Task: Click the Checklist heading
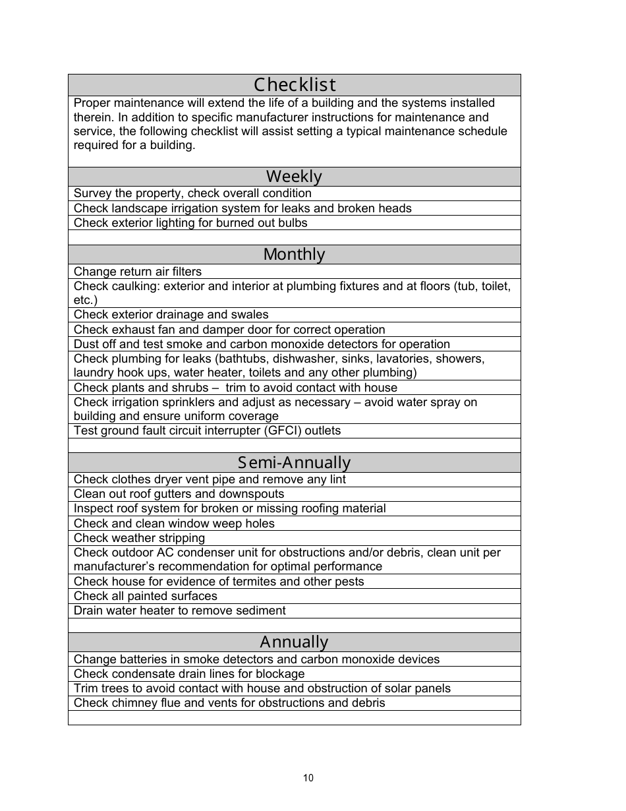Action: pyautogui.click(x=295, y=85)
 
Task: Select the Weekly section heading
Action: pyautogui.click(x=294, y=177)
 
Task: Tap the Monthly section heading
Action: pyautogui.click(x=294, y=255)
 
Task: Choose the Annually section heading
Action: pyautogui.click(x=294, y=642)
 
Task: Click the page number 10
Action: pyautogui.click(x=308, y=778)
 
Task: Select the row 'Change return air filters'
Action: pyautogui.click(x=138, y=272)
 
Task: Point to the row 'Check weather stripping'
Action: pyautogui.click(x=139, y=538)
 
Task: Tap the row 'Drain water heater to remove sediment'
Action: pyautogui.click(x=179, y=611)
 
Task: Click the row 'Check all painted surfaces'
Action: pyautogui.click(x=145, y=596)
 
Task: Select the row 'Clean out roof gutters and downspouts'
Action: pyautogui.click(x=179, y=494)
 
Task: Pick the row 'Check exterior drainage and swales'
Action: pyautogui.click(x=171, y=315)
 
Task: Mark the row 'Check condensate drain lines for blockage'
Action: pyautogui.click(x=189, y=674)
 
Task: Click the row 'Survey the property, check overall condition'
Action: pyautogui.click(x=192, y=193)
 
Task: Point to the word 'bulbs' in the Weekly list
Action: pyautogui.click(x=293, y=223)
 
